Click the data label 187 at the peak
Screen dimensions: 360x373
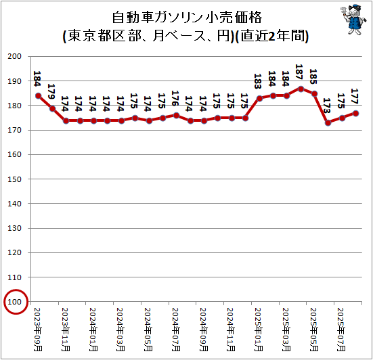[301, 72]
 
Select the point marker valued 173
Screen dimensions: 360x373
[328, 122]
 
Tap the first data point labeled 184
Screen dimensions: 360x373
[39, 95]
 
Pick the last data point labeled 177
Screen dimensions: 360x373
[356, 113]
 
